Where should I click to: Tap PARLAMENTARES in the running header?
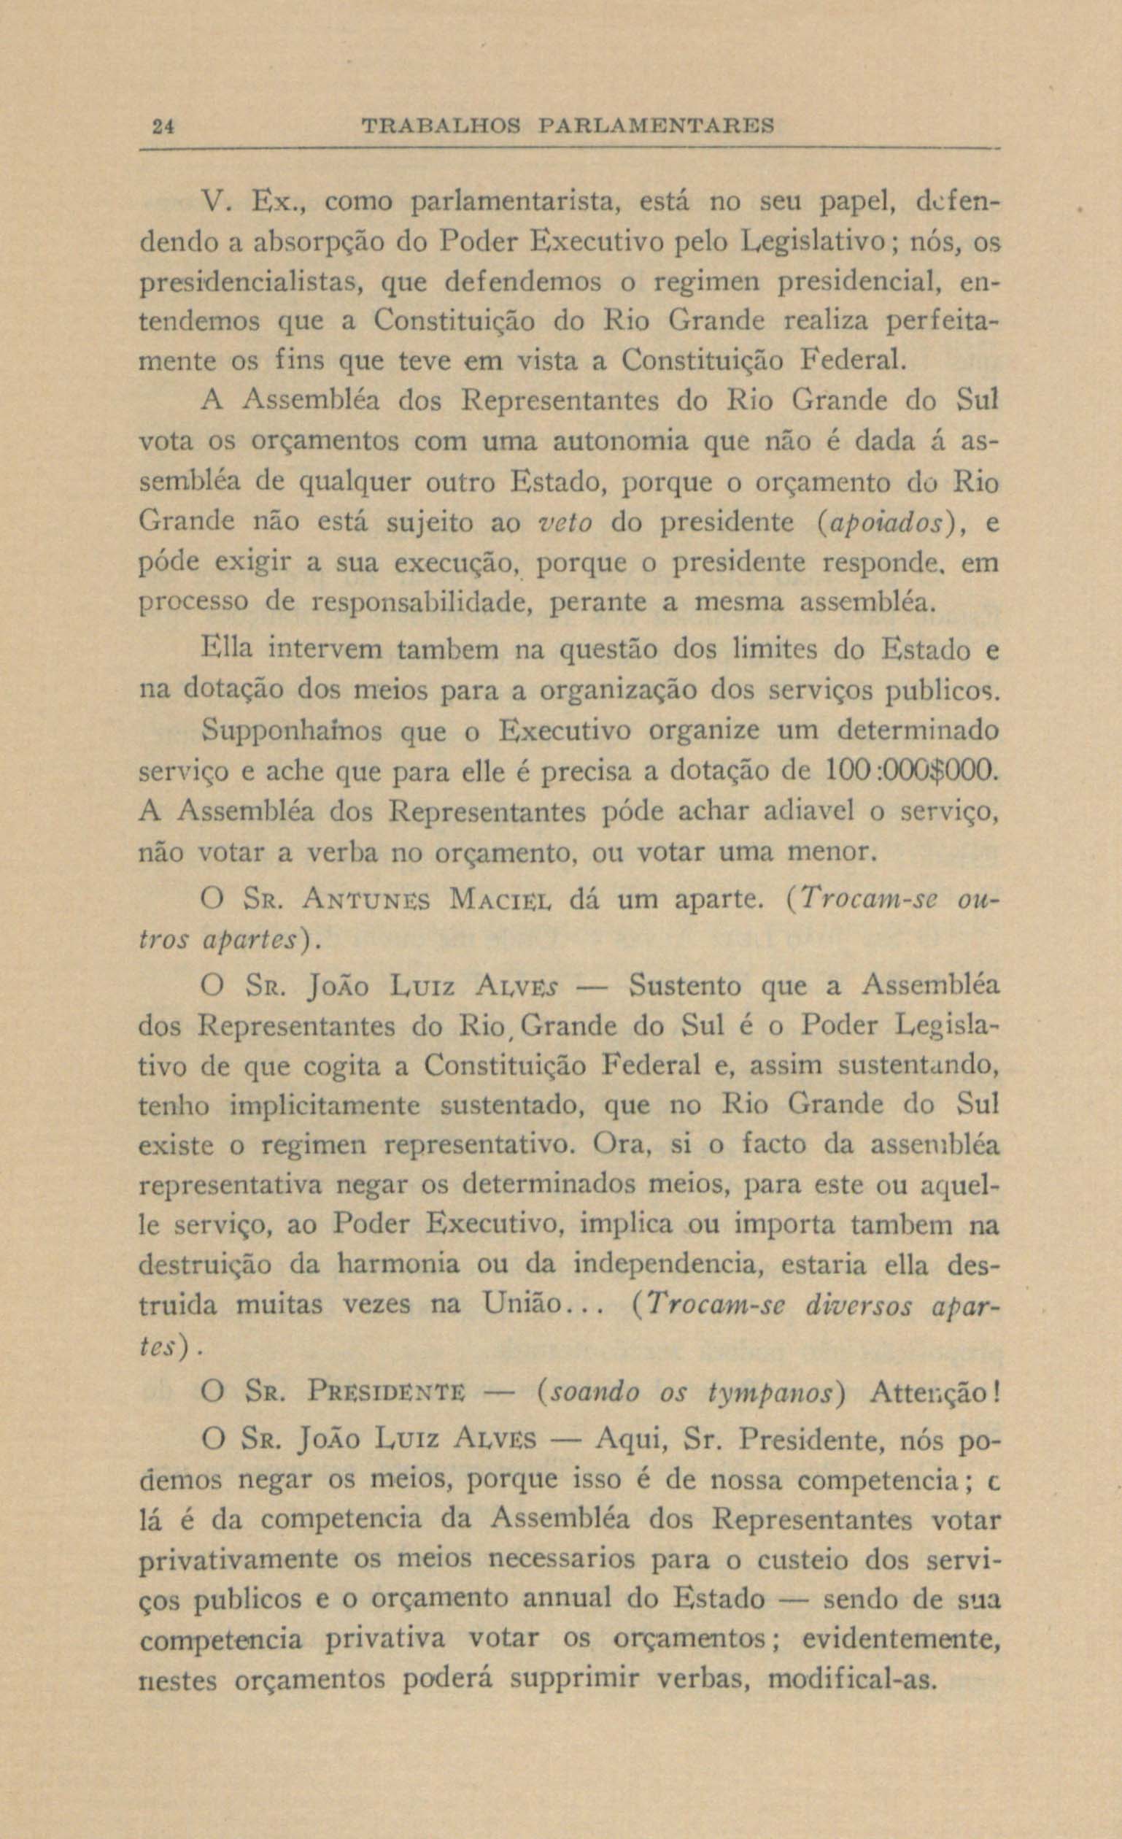656,126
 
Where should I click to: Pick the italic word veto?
565,523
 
